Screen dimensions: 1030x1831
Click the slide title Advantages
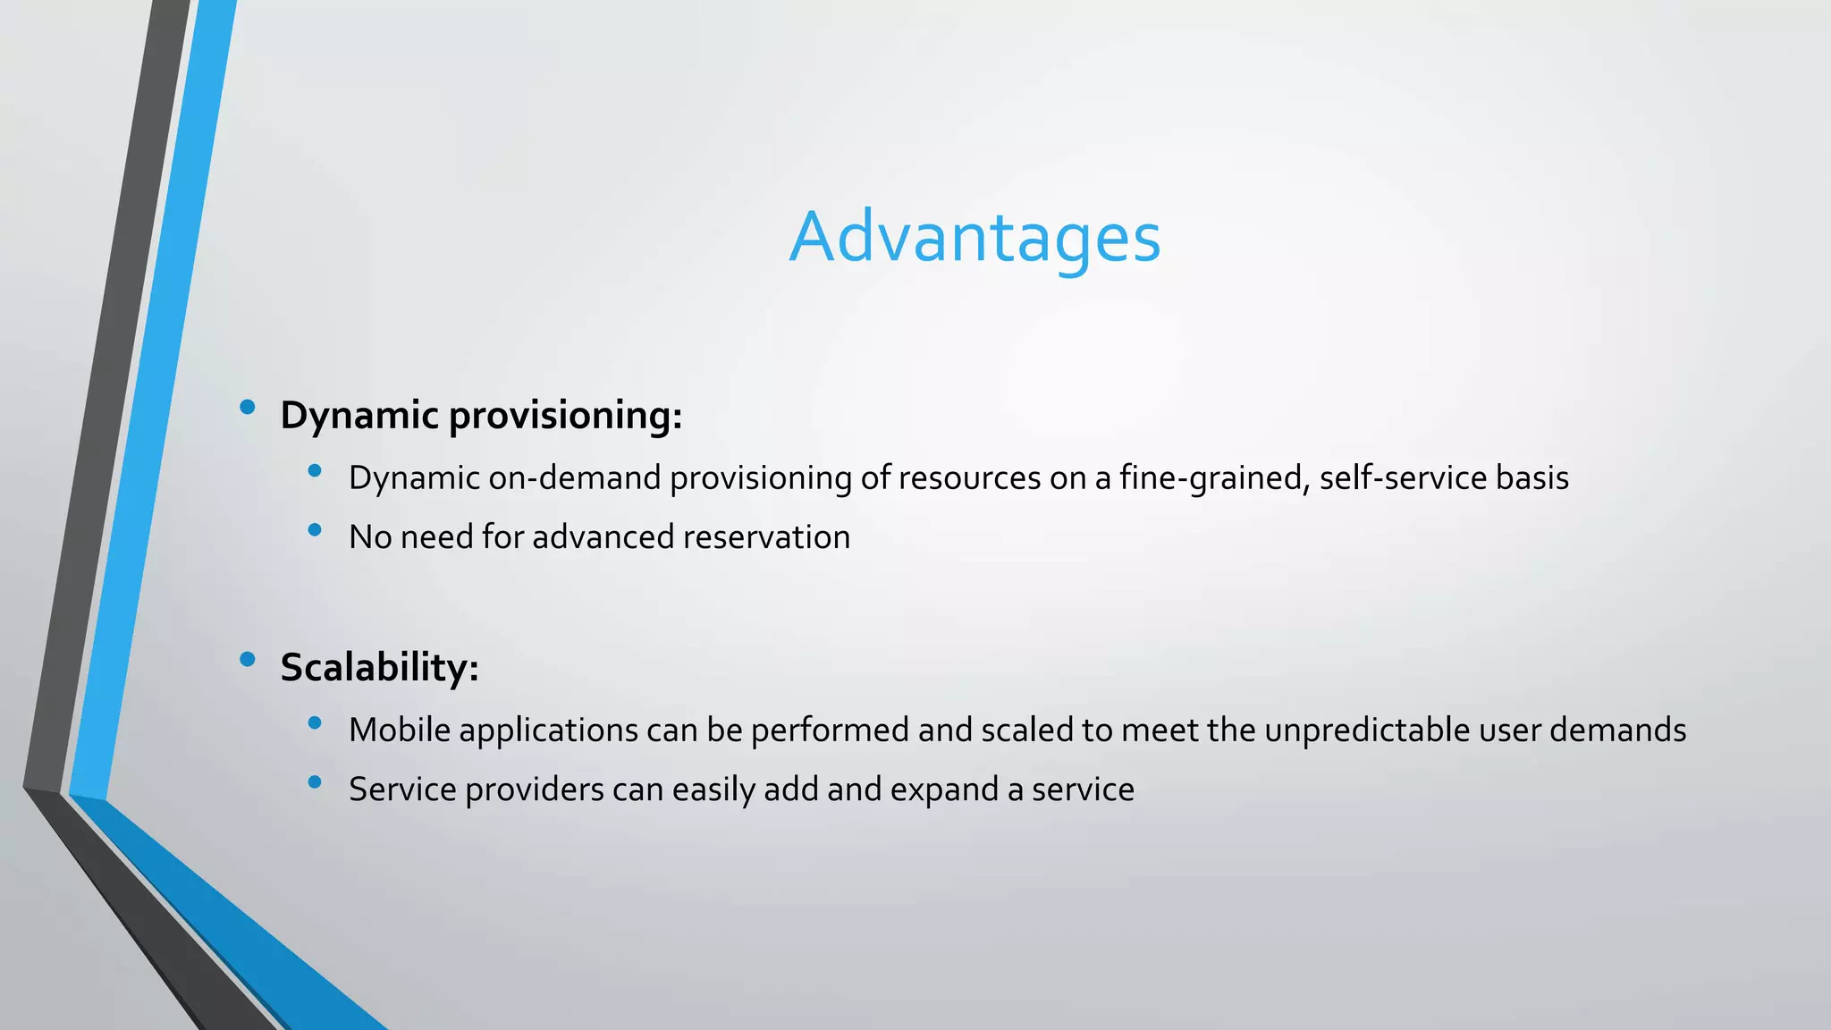[x=975, y=237]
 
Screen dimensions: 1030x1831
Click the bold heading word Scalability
[x=379, y=667]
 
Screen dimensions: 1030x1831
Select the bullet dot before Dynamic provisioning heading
[x=248, y=409]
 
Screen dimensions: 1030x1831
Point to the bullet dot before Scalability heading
[x=248, y=661]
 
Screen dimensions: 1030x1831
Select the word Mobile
[x=400, y=730]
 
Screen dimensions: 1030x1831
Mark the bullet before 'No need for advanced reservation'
[x=314, y=530]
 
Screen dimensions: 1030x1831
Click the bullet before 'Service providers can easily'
[x=314, y=782]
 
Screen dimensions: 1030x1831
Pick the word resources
[x=969, y=477]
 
